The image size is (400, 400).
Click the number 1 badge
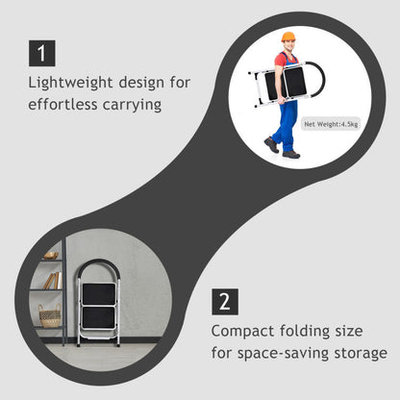click(42, 53)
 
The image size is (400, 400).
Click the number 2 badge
click(225, 302)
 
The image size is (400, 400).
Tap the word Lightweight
click(70, 84)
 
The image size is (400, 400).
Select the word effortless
click(62, 105)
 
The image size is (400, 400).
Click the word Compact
click(243, 332)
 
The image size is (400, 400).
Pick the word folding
click(305, 332)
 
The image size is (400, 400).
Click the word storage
click(361, 354)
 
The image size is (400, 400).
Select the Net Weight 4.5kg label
click(331, 124)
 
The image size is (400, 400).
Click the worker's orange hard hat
click(288, 37)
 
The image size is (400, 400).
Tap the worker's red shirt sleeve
click(280, 61)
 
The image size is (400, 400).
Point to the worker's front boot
click(291, 155)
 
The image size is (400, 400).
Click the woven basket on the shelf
click(50, 315)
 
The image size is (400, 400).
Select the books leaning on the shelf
click(53, 281)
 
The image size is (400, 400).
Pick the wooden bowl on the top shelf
click(51, 256)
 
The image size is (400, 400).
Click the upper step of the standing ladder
click(99, 294)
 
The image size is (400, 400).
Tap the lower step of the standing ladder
click(98, 317)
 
